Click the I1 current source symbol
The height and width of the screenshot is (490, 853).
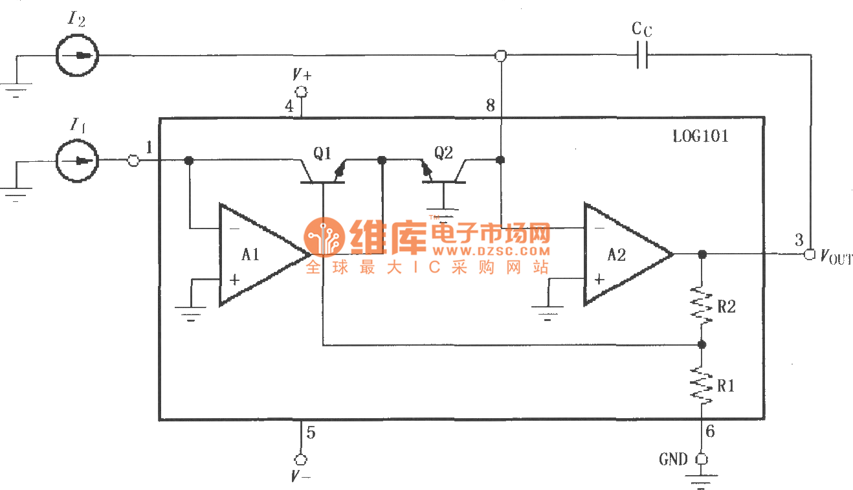click(x=77, y=160)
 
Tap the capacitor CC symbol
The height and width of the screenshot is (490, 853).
click(x=641, y=56)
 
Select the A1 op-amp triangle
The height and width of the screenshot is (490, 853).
click(x=256, y=254)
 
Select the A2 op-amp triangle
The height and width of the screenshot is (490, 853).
click(x=621, y=254)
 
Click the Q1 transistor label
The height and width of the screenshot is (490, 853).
click(x=322, y=153)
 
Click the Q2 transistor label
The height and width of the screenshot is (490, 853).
click(x=443, y=153)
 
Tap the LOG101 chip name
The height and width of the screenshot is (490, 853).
click(x=701, y=137)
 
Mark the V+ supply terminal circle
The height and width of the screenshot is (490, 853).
click(x=300, y=91)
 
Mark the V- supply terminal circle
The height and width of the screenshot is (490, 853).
click(x=300, y=459)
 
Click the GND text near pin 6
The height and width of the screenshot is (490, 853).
click(x=673, y=460)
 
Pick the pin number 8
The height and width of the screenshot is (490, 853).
click(x=490, y=106)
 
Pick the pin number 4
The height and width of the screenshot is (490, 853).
click(x=289, y=106)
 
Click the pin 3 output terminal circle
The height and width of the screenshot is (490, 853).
click(x=809, y=254)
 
